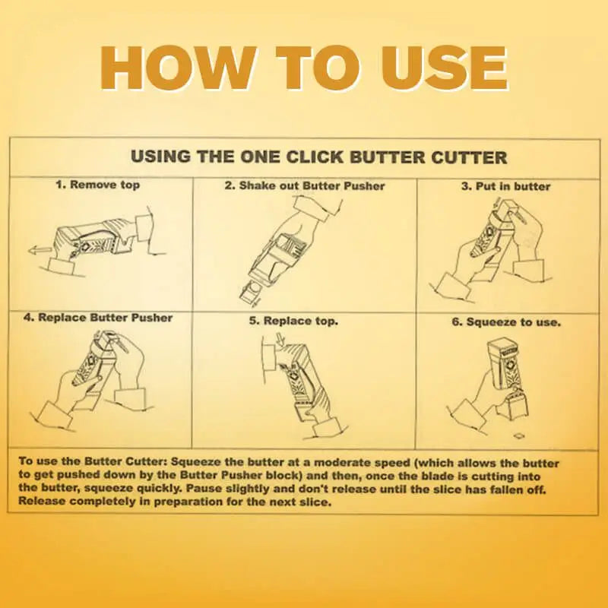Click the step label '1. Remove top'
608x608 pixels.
(97, 185)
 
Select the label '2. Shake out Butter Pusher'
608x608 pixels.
(304, 185)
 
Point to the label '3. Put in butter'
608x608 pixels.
(506, 185)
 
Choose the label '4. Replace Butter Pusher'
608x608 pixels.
(98, 318)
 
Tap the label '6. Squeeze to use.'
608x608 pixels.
(506, 321)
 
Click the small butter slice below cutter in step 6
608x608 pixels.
(519, 435)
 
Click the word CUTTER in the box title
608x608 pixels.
(465, 157)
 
